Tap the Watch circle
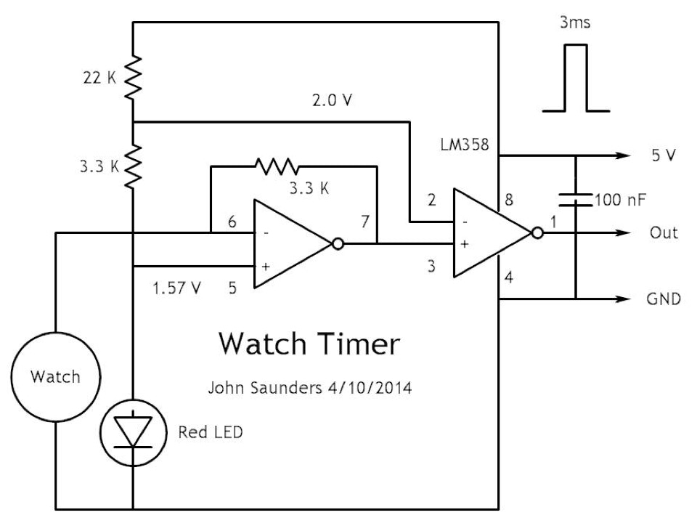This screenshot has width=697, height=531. click(x=55, y=376)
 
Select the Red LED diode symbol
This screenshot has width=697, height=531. click(x=134, y=433)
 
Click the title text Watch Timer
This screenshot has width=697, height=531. click(x=309, y=344)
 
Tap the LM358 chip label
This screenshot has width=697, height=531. click(x=467, y=146)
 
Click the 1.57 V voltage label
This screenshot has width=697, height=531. click(x=176, y=288)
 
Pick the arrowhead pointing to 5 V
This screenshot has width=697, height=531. click(x=621, y=155)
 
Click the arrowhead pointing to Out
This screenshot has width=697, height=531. click(x=621, y=233)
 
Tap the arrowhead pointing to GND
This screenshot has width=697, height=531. click(x=621, y=299)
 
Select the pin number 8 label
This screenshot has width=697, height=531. click(x=508, y=198)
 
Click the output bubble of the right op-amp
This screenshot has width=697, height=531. click(x=538, y=233)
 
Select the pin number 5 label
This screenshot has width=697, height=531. click(x=232, y=288)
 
